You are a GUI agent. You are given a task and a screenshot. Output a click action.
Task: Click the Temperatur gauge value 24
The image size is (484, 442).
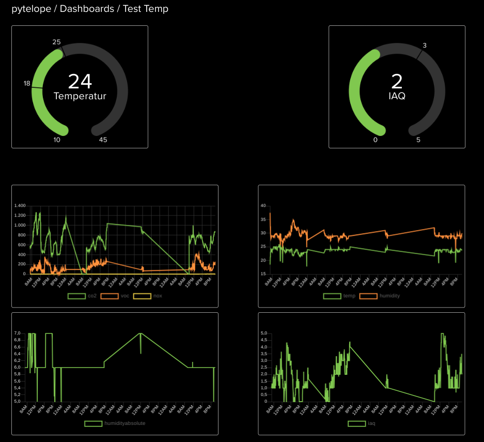point(80,82)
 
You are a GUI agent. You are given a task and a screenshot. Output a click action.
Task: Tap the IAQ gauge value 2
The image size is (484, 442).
point(397,82)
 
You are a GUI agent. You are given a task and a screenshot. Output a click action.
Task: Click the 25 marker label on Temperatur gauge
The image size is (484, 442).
point(57,42)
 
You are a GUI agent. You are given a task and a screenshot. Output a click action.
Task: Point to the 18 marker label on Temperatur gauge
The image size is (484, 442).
point(27,83)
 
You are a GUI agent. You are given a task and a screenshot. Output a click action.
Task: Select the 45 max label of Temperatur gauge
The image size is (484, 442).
point(103,140)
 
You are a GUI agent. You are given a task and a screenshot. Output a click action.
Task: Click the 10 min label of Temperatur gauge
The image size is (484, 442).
point(57,140)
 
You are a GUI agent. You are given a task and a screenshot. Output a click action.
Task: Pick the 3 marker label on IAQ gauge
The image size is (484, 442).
point(425,45)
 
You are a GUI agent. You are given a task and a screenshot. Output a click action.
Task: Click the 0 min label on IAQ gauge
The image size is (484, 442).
point(375,140)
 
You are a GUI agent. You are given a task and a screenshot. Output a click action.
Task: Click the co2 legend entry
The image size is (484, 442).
point(84,296)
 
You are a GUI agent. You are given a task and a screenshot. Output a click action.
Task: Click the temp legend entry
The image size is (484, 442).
point(341,296)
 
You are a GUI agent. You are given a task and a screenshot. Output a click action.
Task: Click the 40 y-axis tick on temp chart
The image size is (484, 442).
point(263,206)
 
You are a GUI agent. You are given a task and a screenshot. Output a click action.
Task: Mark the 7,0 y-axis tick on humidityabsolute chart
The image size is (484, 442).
point(17,333)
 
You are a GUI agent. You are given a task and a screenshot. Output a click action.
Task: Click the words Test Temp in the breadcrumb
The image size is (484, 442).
point(146,9)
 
